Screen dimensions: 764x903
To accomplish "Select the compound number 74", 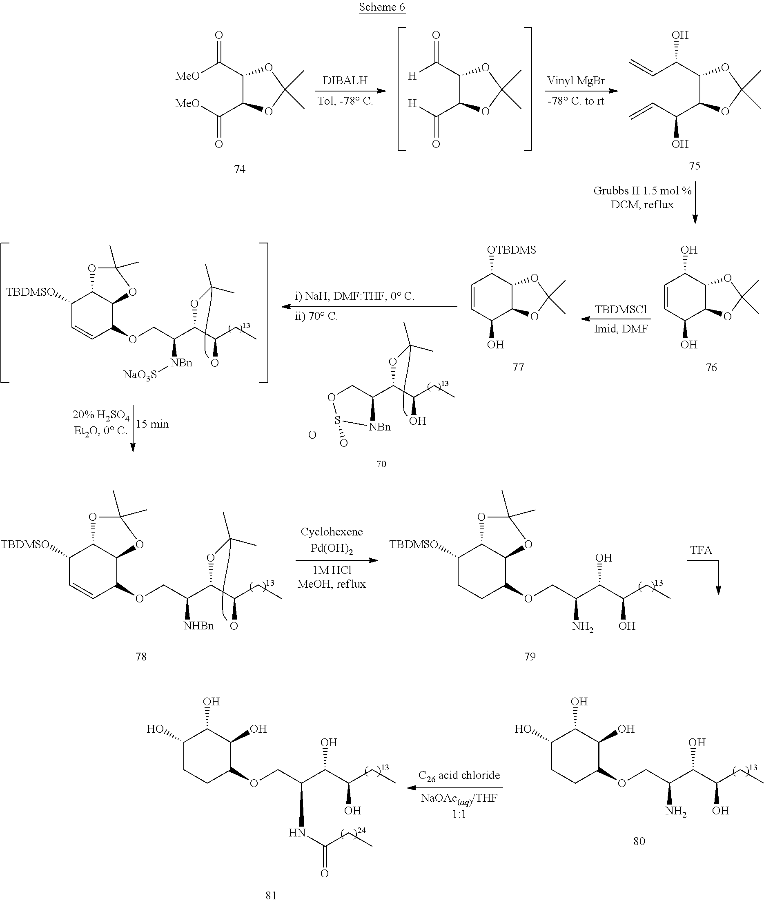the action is pos(240,169).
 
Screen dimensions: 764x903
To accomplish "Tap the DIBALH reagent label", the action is pos(345,80).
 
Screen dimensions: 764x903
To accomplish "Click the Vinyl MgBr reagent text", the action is pos(576,81).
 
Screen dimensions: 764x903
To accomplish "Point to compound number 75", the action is pos(695,165).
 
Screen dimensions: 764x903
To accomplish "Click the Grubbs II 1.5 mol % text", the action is pos(642,191).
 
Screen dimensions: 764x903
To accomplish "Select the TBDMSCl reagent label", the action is pos(621,310).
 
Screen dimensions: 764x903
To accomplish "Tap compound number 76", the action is pos(711,367).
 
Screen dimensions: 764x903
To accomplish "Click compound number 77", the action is pos(518,367).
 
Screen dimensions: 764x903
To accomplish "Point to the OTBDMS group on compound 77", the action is pos(512,250).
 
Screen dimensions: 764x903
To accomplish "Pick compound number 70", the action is pos(381,464).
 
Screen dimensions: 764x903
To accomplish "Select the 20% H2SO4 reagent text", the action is pos(101,415).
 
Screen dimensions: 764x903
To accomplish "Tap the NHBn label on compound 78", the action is pos(198,626).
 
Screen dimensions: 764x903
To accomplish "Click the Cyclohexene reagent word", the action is pos(332,532).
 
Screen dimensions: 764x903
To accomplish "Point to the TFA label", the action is pos(701,550).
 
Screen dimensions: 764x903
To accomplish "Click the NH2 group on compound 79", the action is pos(583,627).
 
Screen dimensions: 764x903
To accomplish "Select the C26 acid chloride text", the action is pos(459,775).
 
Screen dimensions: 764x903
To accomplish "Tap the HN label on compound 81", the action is pos(297,833).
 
